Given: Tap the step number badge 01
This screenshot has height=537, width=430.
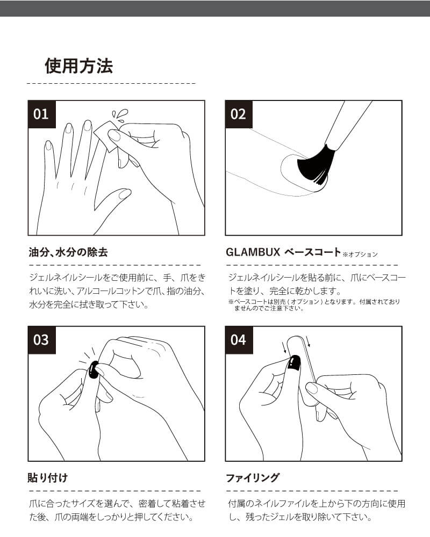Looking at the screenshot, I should [x=41, y=114].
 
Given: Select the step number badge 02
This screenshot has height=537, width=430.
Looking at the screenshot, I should [x=238, y=114].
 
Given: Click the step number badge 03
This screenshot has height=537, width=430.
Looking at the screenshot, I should [x=41, y=340].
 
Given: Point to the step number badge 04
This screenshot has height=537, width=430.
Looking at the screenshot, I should [x=238, y=340].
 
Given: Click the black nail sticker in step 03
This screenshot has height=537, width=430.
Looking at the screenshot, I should [x=94, y=371].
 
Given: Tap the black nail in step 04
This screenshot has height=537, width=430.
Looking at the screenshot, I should [x=293, y=364].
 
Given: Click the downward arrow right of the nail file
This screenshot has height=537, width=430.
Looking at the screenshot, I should [x=309, y=342].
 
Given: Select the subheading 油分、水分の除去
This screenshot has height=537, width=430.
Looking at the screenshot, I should [x=68, y=252].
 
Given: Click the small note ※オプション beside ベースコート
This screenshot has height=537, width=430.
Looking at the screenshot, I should [x=360, y=254].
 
